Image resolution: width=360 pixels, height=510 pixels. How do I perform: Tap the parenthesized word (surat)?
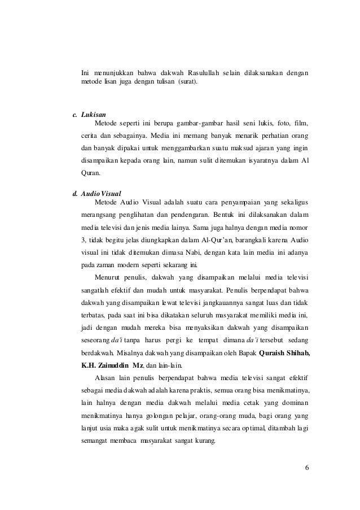[188, 82]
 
